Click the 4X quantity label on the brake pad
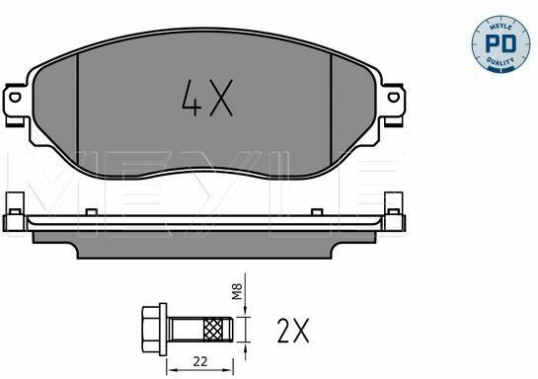[207, 98]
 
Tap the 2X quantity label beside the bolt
[293, 331]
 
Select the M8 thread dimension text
[237, 291]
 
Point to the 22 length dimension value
[200, 361]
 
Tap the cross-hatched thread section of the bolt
[212, 330]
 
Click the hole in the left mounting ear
[15, 97]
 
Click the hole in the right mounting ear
[394, 97]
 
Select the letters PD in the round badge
[500, 43]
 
